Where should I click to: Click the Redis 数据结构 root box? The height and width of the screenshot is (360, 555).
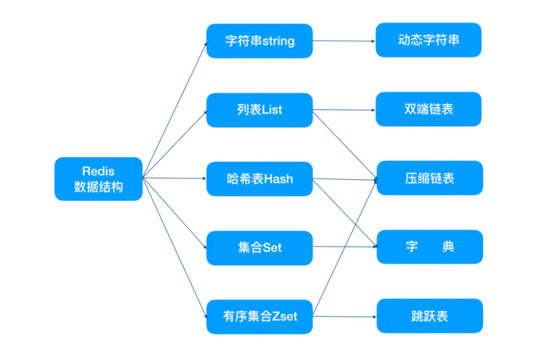99,179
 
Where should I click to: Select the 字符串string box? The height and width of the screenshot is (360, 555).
259,41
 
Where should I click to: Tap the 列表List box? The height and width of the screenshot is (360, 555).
259,110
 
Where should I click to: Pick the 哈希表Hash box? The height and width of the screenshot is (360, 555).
259,179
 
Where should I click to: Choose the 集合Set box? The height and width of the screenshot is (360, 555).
259,248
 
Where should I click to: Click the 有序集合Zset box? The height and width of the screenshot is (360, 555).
259,317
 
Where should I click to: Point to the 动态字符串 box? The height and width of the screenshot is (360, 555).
429,40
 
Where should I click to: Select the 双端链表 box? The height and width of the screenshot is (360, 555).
429,109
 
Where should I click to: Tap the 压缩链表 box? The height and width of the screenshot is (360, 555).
430,178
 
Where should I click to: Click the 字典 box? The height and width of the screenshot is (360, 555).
430,247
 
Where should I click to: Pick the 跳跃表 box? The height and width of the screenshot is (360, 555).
430,316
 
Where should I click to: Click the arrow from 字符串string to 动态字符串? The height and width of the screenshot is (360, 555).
344,41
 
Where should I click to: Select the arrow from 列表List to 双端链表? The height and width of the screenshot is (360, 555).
344,110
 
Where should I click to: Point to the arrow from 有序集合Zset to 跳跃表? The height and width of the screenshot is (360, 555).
345,317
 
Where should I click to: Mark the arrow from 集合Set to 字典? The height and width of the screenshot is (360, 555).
345,246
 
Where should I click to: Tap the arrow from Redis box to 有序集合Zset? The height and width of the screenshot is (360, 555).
174,248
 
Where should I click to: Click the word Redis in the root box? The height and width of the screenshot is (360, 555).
99,171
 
